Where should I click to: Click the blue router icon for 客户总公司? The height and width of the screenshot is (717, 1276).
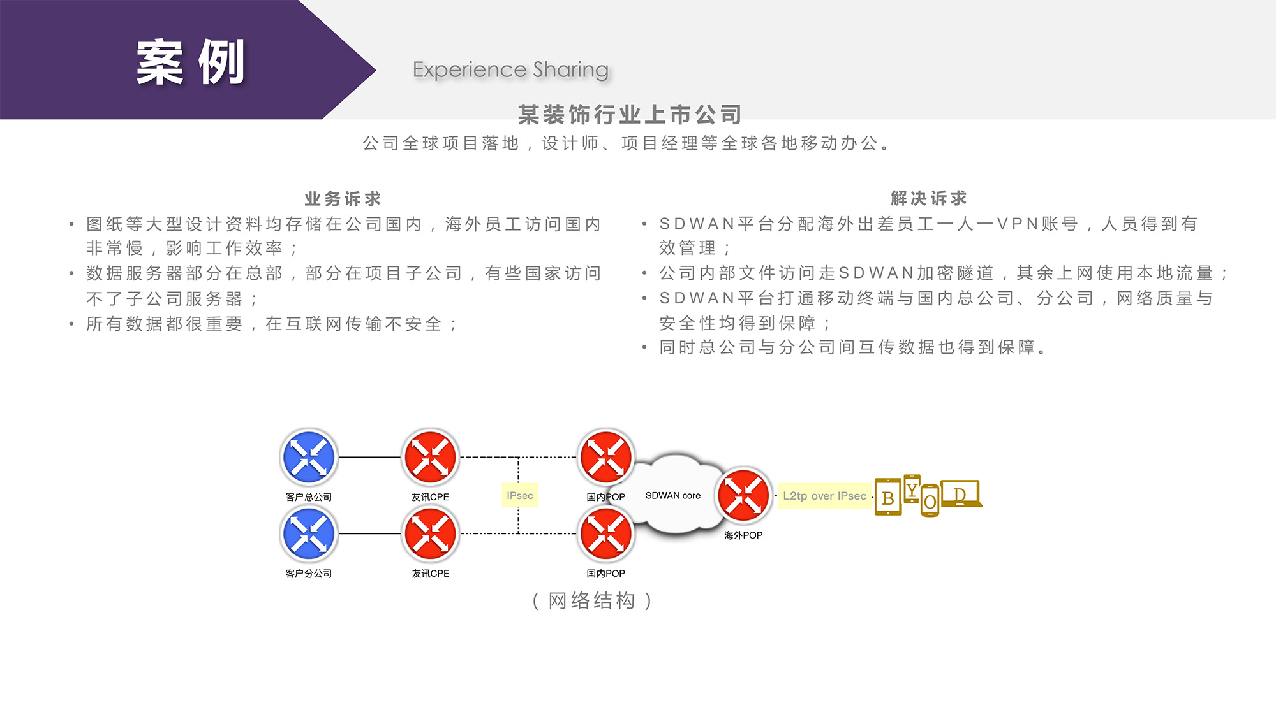[x=309, y=457]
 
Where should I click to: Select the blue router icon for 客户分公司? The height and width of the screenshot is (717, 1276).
[x=309, y=533]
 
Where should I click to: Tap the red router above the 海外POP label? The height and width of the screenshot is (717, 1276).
[x=743, y=495]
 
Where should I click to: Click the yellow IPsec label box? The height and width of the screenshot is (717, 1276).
[x=520, y=495]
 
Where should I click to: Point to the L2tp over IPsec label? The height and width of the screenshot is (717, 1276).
[x=824, y=496]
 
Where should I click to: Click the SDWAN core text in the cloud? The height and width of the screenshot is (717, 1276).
[x=672, y=495]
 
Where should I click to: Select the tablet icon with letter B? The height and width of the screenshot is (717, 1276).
[x=887, y=497]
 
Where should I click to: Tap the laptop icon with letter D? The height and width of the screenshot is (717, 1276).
[x=961, y=494]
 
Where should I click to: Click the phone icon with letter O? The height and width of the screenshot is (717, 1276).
[x=930, y=502]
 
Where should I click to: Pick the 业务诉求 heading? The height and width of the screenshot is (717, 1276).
[x=343, y=199]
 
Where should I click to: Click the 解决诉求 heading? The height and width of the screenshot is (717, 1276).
[x=929, y=198]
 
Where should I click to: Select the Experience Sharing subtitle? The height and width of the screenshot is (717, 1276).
[x=510, y=69]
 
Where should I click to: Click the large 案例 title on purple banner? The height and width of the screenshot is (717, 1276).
[x=190, y=62]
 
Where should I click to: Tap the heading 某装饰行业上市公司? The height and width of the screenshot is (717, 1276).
[x=630, y=115]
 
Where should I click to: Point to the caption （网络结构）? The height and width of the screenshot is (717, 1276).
[x=592, y=600]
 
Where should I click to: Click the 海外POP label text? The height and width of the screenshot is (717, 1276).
[x=743, y=535]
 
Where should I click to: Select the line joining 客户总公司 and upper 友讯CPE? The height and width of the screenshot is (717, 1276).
[x=369, y=457]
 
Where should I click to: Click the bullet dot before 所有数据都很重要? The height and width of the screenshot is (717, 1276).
[x=71, y=324]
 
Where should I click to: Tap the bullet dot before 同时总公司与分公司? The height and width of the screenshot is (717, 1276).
[x=644, y=347]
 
